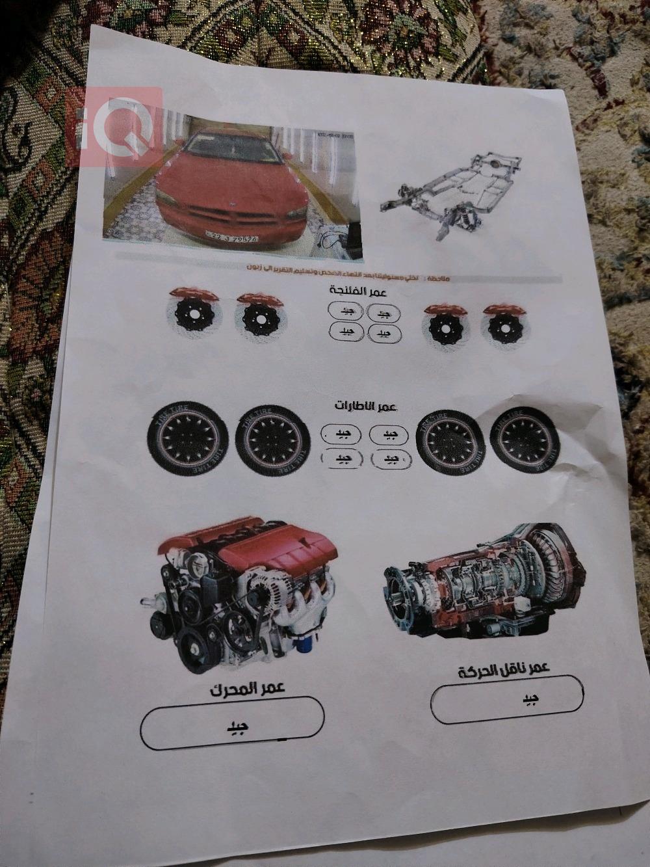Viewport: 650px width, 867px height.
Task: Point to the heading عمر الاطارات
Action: (365, 406)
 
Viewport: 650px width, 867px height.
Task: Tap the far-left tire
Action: (188, 438)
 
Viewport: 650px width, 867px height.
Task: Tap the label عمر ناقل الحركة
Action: (504, 671)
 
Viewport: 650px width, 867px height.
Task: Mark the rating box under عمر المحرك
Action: (233, 724)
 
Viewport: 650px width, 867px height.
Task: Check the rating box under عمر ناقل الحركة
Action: (508, 699)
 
